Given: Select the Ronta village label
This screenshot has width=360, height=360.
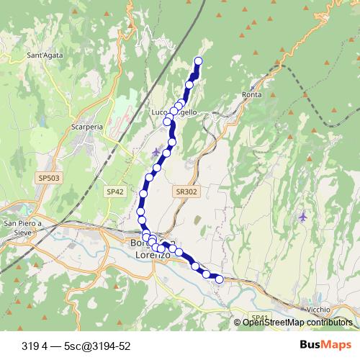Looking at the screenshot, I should pyautogui.click(x=252, y=94).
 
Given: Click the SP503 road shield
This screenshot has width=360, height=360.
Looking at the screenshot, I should pyautogui.click(x=47, y=176).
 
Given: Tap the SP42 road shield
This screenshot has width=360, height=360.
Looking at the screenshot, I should pyautogui.click(x=115, y=192).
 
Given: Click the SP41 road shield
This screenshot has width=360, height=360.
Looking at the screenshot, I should pyautogui.click(x=259, y=318).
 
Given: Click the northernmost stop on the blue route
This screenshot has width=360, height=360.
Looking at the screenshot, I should pyautogui.click(x=198, y=60).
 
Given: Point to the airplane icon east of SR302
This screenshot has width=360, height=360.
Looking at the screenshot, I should pyautogui.click(x=303, y=216).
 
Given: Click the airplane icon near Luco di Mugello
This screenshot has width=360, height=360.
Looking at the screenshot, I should pyautogui.click(x=158, y=151).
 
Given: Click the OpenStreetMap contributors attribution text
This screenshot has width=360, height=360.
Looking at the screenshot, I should pyautogui.click(x=298, y=323).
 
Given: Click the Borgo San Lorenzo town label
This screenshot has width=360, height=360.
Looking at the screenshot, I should pyautogui.click(x=149, y=249).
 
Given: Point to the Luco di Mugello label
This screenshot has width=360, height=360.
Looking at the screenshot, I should pyautogui.click(x=174, y=113).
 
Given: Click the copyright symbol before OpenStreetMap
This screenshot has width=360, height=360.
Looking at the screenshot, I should pyautogui.click(x=238, y=323).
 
